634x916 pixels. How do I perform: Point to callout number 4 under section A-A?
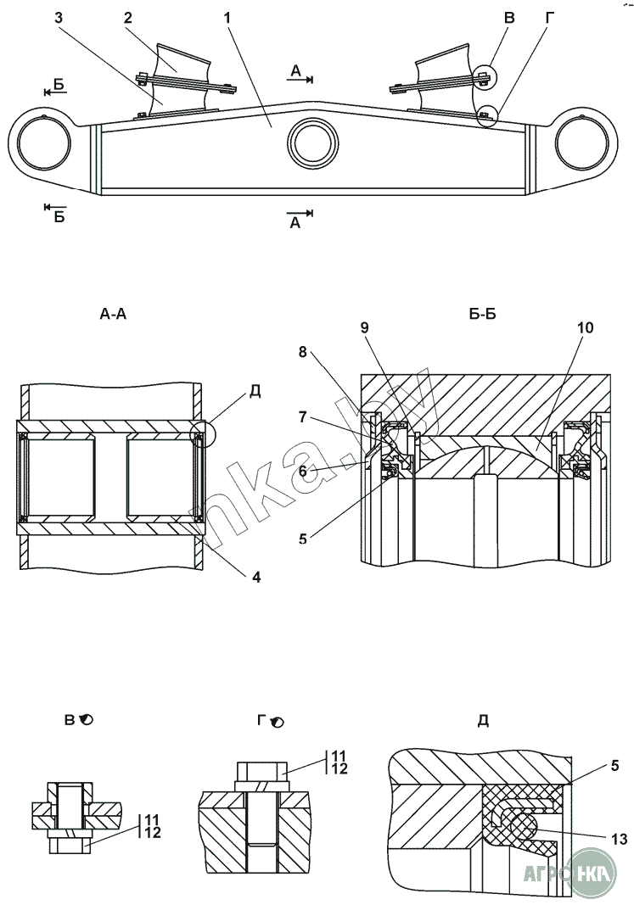pos(255,578)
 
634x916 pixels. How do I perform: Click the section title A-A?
pos(113,315)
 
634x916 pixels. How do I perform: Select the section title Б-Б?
pos(481,315)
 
